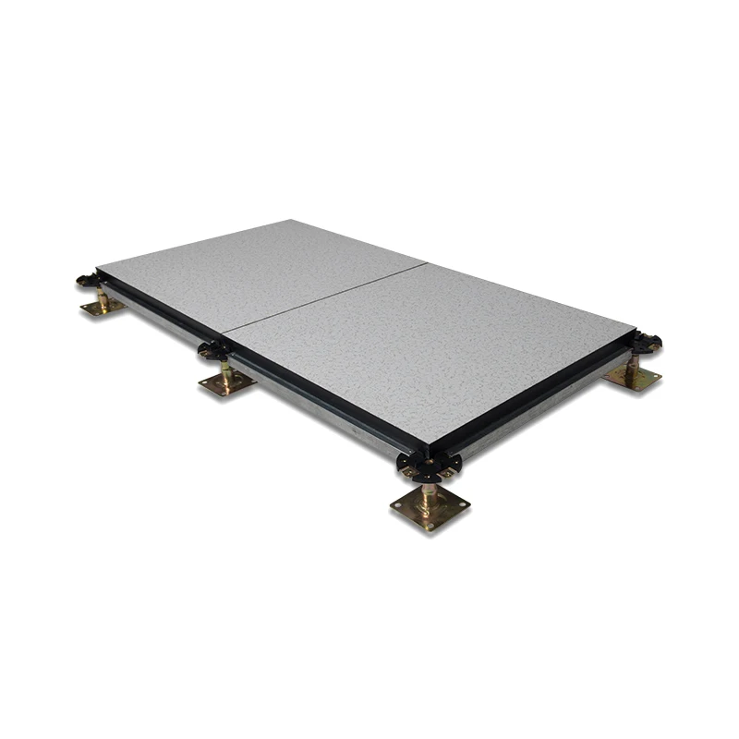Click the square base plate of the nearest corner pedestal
point(430,507)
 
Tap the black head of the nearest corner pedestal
point(427,462)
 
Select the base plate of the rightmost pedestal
point(633,376)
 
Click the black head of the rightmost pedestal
point(646,342)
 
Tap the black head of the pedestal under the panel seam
point(215,350)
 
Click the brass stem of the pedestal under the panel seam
point(226,369)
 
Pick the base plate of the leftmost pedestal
point(103,306)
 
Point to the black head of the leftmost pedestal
point(89,278)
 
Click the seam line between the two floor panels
point(323,297)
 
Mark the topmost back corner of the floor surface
point(292,220)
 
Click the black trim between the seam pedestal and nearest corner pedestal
point(314,396)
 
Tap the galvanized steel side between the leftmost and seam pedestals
point(157,319)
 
